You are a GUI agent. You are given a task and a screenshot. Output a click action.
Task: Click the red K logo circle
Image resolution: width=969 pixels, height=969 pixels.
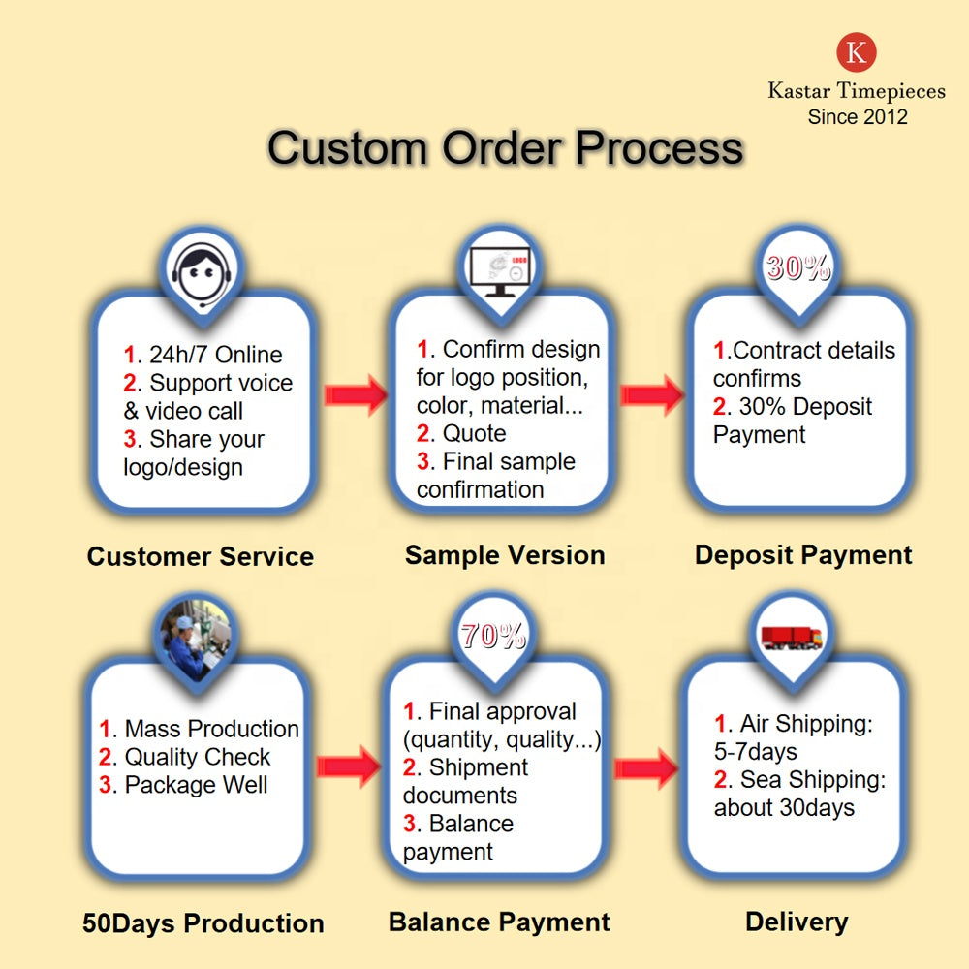[857, 52]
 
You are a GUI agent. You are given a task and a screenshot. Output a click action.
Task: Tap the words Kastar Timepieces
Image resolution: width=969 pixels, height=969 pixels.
[857, 91]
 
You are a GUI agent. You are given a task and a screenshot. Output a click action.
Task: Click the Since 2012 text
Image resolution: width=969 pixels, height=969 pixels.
[858, 117]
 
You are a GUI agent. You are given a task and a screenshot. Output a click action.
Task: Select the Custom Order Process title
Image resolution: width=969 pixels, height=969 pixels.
[505, 148]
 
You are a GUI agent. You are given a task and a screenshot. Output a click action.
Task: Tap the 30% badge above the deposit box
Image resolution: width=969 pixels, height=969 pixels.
[798, 267]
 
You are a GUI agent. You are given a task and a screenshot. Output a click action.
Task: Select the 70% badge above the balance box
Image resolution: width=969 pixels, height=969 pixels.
[493, 637]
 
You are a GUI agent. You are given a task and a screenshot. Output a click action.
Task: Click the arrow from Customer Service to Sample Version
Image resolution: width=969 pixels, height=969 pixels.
[356, 394]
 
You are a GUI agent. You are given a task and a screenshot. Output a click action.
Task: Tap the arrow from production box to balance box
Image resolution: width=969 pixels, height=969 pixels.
[348, 766]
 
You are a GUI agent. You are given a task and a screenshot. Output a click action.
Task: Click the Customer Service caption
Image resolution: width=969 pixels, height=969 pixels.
[201, 556]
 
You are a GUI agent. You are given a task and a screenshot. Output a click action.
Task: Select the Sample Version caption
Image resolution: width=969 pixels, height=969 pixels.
[505, 555]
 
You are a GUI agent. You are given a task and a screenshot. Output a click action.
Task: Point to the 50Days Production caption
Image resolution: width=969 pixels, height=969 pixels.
[203, 923]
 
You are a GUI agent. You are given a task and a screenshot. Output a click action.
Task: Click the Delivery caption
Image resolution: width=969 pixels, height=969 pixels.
[797, 922]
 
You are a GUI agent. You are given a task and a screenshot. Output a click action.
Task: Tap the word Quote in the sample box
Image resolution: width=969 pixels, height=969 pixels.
[474, 433]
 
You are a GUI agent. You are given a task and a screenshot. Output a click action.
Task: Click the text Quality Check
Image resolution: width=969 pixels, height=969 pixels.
[198, 757]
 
